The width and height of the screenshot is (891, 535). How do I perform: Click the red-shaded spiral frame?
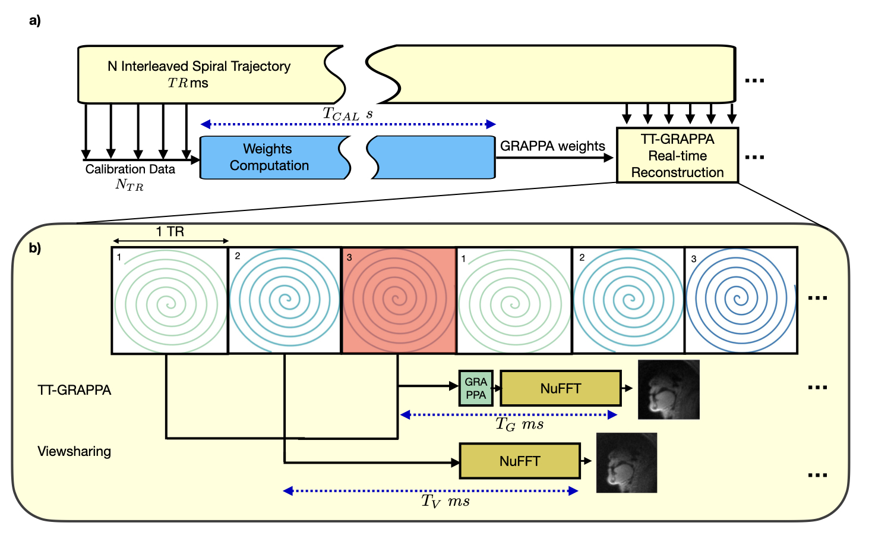399,300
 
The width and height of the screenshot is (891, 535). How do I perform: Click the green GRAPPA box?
476,388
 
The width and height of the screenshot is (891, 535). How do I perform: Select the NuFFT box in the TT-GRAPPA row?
561,389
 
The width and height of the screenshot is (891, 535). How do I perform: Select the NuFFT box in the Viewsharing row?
520,461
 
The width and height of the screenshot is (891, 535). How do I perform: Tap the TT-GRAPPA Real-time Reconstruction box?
677,156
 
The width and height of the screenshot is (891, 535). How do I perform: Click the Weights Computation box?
268,158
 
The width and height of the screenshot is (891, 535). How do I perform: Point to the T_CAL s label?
347,113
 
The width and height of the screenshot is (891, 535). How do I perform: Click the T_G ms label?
519,424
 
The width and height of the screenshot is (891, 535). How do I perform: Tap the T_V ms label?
445,501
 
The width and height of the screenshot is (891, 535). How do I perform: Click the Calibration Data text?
130,169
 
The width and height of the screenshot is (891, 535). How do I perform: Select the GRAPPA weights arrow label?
552,146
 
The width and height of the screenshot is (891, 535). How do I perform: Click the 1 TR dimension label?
170,232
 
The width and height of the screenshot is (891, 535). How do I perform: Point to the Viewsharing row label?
74,451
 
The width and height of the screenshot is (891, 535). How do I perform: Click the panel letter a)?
35,21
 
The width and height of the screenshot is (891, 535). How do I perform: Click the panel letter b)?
35,248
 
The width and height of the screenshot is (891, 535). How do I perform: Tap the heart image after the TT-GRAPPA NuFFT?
668,389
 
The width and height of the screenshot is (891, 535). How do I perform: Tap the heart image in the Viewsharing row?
627,462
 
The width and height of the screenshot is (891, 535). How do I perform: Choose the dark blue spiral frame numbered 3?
741,300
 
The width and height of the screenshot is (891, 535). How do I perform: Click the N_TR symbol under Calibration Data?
129,185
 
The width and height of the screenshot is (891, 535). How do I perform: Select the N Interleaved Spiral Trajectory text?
199,67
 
